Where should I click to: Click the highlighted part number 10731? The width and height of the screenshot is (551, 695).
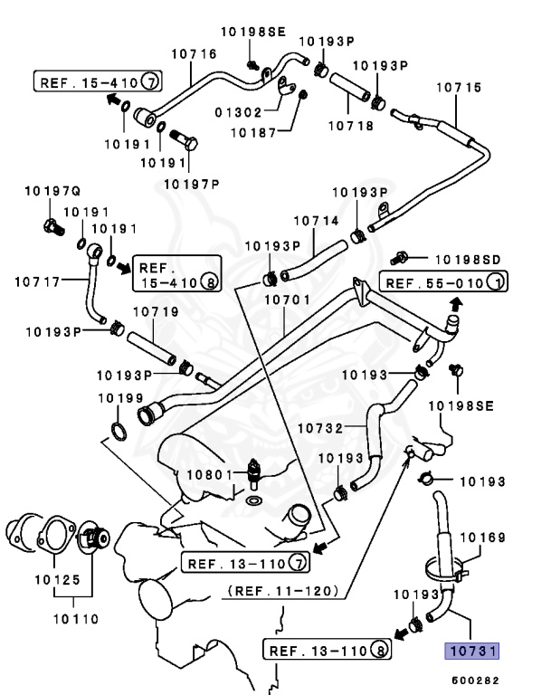pyautogui.click(x=470, y=651)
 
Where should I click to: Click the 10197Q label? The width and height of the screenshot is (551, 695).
pyautogui.click(x=52, y=193)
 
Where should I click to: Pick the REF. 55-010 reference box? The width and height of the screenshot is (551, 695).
pyautogui.click(x=442, y=283)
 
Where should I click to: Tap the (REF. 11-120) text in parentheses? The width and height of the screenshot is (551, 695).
pyautogui.click(x=283, y=591)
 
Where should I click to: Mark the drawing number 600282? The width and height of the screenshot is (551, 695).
pyautogui.click(x=476, y=680)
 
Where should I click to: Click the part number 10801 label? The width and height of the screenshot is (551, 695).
pyautogui.click(x=207, y=474)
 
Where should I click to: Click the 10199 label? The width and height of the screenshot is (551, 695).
pyautogui.click(x=119, y=397)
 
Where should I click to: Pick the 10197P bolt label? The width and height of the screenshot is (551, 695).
pyautogui.click(x=192, y=185)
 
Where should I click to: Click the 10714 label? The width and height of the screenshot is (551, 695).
pyautogui.click(x=314, y=220)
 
